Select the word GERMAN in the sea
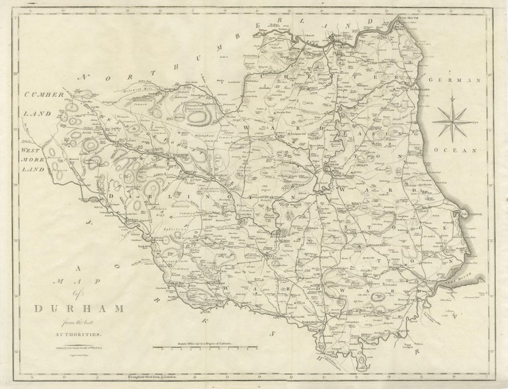pos(463,80)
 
